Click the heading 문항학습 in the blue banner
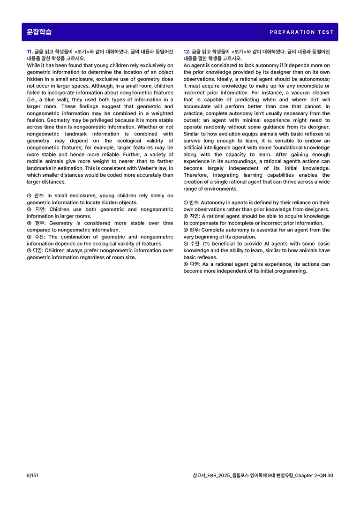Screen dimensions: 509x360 [x=39, y=32]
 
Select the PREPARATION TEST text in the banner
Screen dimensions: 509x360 [x=302, y=32]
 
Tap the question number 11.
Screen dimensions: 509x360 [x=29, y=52]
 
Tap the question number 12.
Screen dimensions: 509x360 [x=186, y=52]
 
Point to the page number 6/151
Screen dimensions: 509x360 [x=32, y=475]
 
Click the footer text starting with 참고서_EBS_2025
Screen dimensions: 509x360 [x=262, y=475]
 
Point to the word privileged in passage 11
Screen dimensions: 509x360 [x=84, y=120]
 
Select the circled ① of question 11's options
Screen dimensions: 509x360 [x=29, y=196]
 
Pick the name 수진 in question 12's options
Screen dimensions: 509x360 [x=195, y=244]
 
